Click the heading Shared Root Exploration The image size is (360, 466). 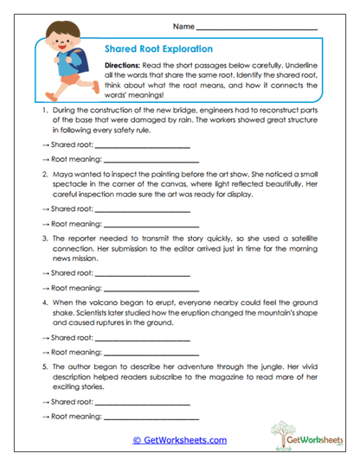click(157, 50)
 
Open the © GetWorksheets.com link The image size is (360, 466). click(179, 440)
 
